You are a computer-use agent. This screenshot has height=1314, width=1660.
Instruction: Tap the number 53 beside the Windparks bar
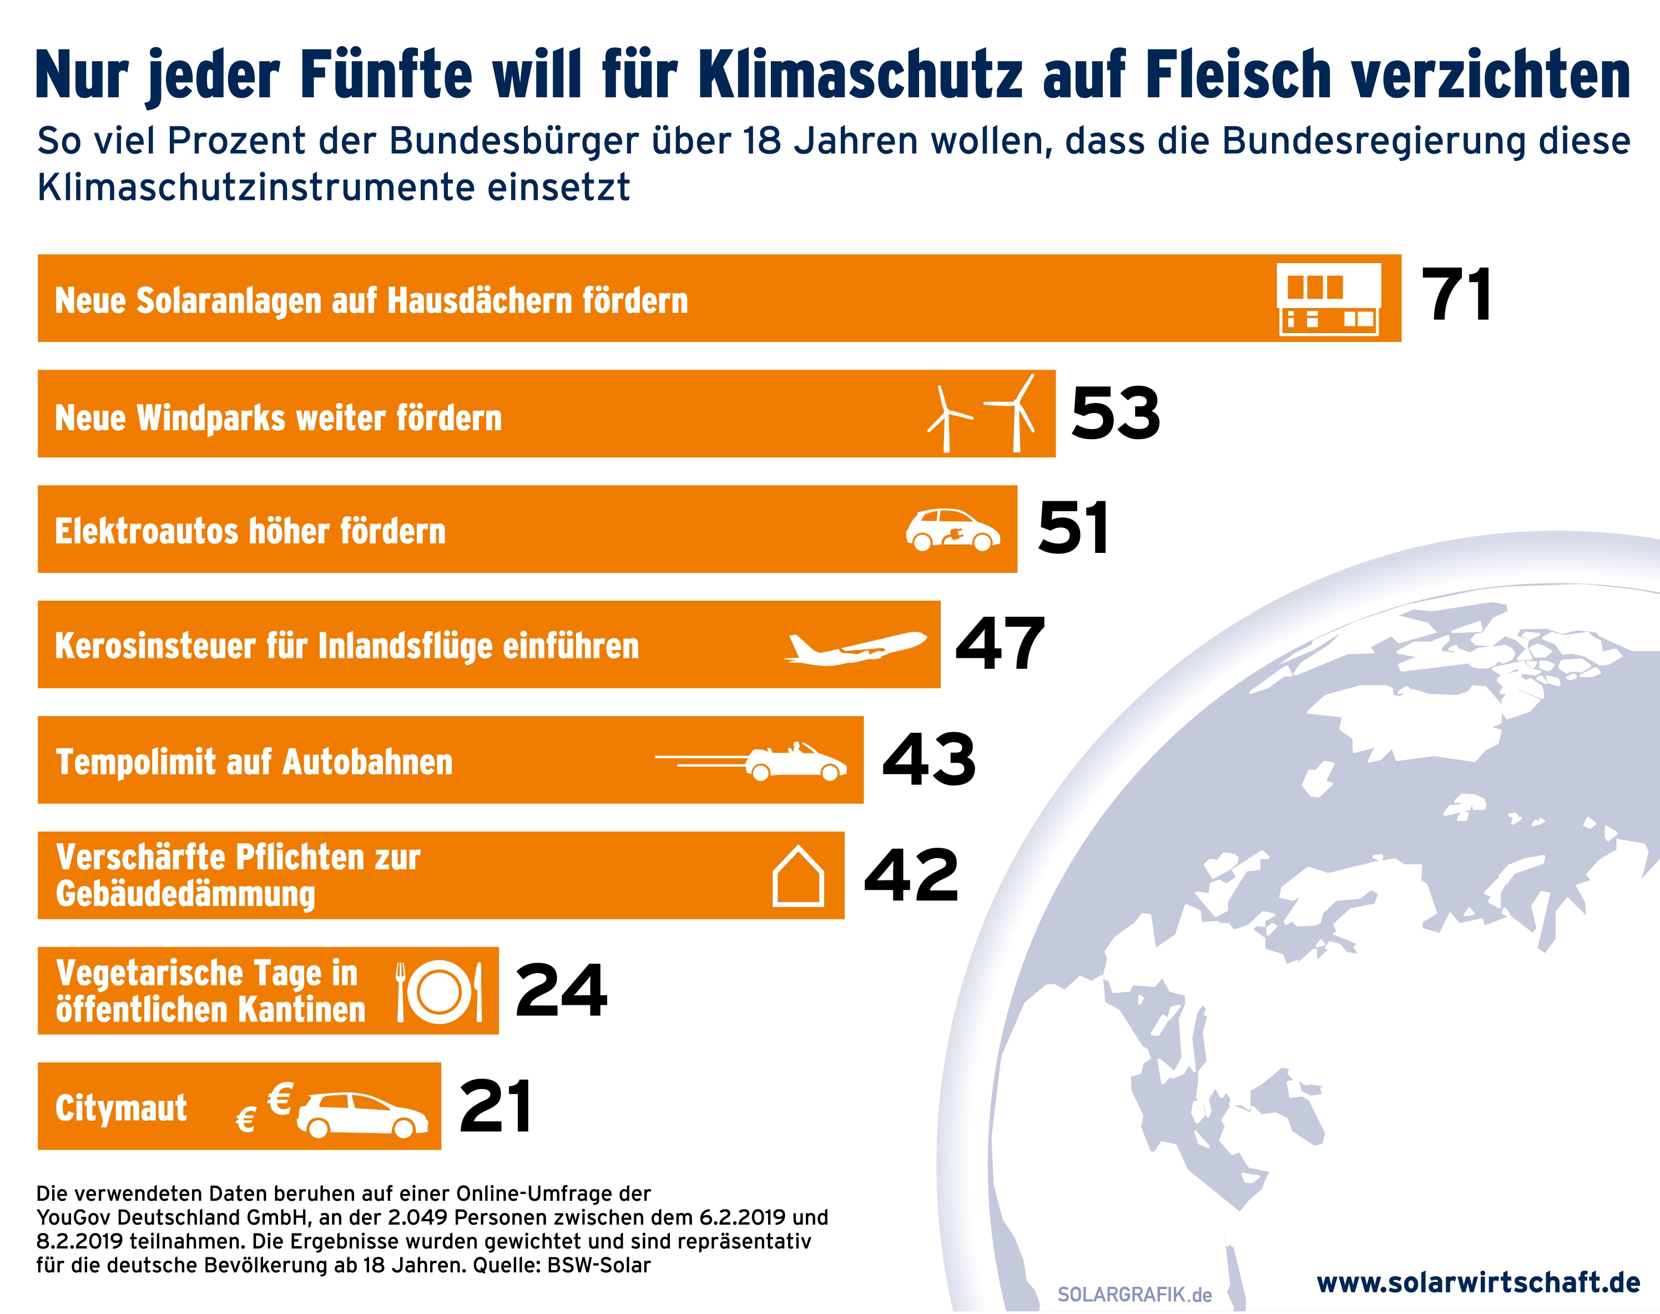click(1116, 414)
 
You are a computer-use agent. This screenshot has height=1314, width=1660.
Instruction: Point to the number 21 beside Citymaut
click(496, 1106)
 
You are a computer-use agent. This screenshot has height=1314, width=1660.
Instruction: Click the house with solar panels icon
click(1329, 299)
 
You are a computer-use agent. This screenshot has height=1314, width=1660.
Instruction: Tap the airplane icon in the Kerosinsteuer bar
click(855, 647)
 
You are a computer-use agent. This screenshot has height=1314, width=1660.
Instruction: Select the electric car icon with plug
click(952, 530)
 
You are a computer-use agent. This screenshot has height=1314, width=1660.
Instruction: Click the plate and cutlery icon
click(439, 991)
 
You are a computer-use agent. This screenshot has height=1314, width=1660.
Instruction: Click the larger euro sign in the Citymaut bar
click(280, 1099)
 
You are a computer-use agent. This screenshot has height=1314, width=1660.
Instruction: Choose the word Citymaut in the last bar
click(121, 1109)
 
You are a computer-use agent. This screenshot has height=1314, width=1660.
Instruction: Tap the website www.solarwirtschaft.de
click(1479, 1282)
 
